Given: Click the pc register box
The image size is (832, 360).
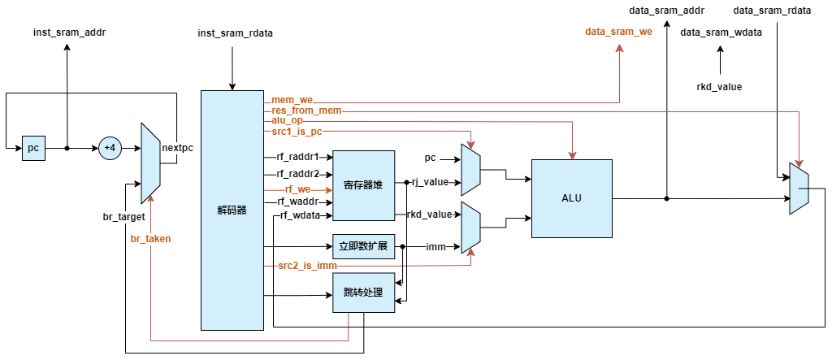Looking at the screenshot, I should tap(33, 149).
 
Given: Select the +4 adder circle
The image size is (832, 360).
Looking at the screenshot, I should tap(110, 149).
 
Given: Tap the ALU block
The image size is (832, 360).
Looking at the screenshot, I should tap(571, 198).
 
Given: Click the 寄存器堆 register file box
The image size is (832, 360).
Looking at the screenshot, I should tap(363, 185).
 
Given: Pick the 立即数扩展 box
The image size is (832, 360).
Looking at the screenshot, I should tap(363, 246).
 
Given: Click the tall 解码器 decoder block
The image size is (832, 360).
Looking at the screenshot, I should tap(232, 210).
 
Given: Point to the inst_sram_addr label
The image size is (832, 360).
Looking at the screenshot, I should tap(69, 33).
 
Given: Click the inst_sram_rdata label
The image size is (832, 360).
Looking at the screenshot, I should tap(235, 33).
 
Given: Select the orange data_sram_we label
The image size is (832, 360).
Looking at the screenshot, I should tap(619, 33).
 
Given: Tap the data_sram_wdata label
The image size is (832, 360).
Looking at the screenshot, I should tap(720, 33).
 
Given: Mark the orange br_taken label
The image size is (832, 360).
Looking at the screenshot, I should tap(151, 239).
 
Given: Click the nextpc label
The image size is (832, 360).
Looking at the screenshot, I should tap(178, 148).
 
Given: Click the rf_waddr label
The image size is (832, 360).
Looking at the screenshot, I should tap(299, 202).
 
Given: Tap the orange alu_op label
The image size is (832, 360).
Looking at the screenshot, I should tap(287, 120).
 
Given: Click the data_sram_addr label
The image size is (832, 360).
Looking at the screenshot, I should tap(667, 11).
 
